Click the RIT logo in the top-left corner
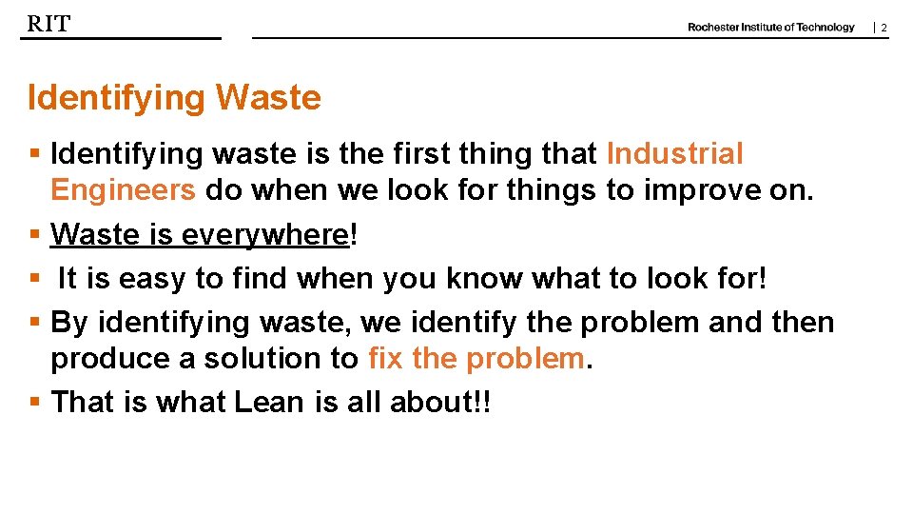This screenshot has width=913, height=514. [x=49, y=24]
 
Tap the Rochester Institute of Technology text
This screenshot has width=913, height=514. [x=770, y=28]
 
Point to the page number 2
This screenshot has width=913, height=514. [x=884, y=29]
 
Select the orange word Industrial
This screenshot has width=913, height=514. [x=674, y=153]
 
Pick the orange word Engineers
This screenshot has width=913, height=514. [x=123, y=190]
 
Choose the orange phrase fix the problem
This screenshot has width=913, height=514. [x=476, y=359]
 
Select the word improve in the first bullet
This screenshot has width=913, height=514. [x=699, y=190]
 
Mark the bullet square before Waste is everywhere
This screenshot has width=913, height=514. [x=34, y=234]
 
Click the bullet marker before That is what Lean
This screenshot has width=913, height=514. [x=34, y=403]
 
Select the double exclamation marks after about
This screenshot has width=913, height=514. [x=485, y=403]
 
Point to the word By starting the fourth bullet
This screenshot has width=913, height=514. [x=68, y=323]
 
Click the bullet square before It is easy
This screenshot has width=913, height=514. [x=34, y=279]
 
